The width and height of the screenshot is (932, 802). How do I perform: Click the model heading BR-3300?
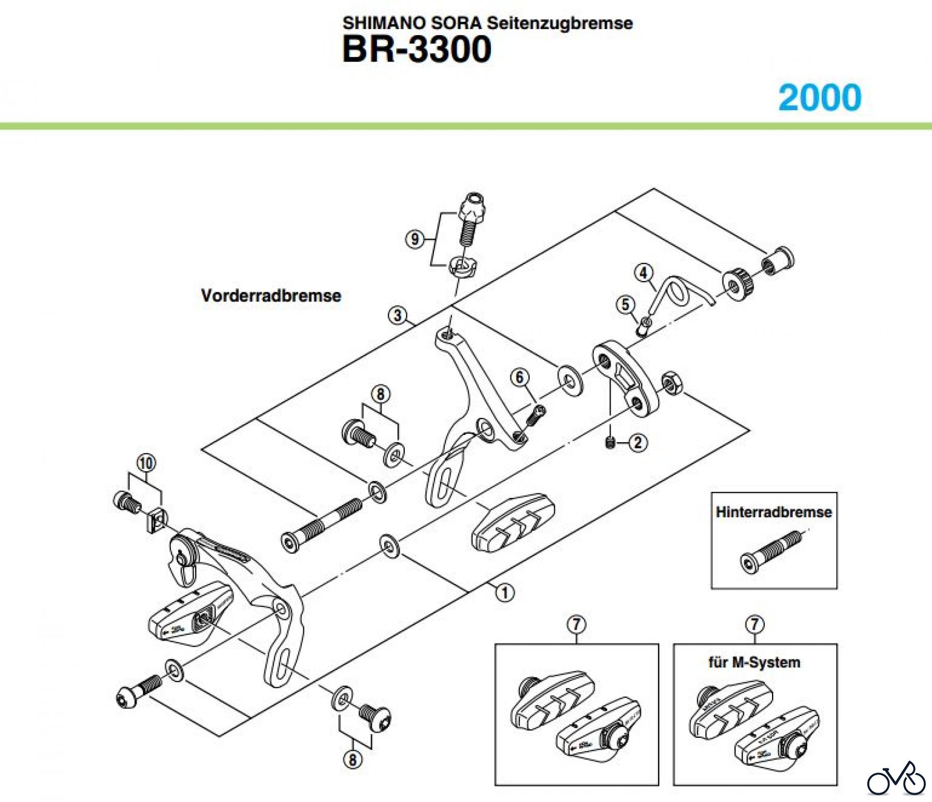point(417,50)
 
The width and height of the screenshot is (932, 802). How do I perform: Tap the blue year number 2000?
point(820,97)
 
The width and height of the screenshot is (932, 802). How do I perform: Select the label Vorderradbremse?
point(271,296)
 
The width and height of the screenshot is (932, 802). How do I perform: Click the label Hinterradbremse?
point(774,512)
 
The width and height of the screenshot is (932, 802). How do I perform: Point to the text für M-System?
point(754,662)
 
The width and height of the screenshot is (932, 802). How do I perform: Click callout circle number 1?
point(505,592)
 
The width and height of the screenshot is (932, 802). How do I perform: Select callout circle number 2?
point(637,443)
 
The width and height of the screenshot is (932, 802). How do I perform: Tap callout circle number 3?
point(398,315)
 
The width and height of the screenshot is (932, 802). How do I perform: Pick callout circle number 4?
point(644,273)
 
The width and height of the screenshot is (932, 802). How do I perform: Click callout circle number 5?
point(625,305)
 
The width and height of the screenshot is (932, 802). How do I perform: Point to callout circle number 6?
point(520,377)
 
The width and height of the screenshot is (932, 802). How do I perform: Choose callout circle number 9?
point(414,239)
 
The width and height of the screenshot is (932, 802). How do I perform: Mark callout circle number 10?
point(146,463)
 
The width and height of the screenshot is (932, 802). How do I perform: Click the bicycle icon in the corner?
point(897,781)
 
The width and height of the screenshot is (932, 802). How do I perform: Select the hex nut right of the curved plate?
point(671,383)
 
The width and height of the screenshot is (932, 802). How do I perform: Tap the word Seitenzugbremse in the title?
point(560,23)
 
